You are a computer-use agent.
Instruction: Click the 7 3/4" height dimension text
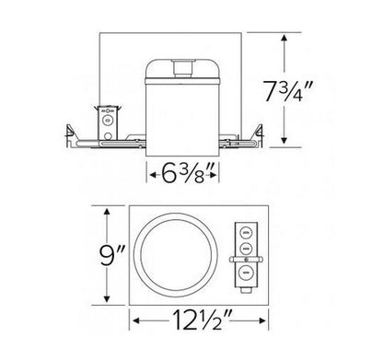[x=316, y=92]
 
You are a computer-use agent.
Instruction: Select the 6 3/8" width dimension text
[x=184, y=171]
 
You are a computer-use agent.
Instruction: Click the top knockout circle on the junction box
[x=246, y=232]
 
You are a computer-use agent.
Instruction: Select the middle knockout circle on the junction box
[x=246, y=249]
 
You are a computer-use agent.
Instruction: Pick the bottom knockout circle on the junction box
[x=246, y=272]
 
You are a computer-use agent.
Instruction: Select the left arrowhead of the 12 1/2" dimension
[x=136, y=322]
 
